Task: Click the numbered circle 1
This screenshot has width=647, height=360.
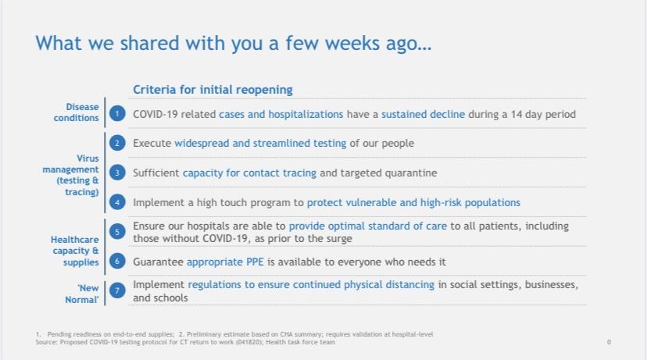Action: point(117,113)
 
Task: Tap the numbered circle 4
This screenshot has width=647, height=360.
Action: point(117,202)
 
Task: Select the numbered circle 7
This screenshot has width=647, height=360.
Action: point(117,290)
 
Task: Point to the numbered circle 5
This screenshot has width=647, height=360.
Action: point(117,232)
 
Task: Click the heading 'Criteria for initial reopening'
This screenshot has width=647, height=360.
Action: point(213,90)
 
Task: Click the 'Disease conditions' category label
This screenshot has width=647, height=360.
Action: point(77,112)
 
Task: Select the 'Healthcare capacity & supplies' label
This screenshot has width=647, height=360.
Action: point(75,251)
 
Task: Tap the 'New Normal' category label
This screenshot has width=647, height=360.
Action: point(82,294)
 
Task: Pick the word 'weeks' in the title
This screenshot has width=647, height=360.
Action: point(352,43)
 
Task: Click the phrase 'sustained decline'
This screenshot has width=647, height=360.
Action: point(423,114)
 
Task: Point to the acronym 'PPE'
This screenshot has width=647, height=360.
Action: point(255,262)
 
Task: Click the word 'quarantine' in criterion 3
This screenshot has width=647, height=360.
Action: point(410,173)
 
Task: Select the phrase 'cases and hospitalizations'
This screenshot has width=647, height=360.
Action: point(281,114)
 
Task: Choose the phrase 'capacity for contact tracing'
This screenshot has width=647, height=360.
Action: point(249,173)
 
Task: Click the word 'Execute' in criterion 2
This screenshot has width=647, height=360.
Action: point(152,144)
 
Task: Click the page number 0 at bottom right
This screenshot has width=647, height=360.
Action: point(609,342)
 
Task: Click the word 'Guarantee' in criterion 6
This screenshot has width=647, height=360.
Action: point(158,262)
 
